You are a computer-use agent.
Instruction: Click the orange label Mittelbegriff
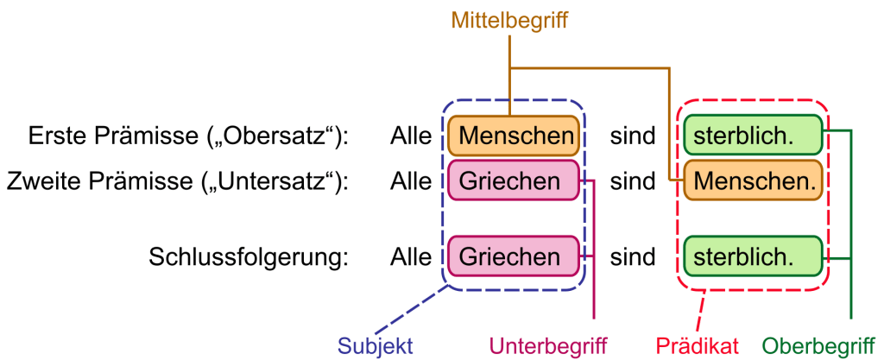click(509, 19)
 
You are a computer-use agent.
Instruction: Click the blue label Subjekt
click(376, 346)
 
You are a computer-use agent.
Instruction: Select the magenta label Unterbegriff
click(549, 346)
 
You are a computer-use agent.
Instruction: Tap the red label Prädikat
click(698, 346)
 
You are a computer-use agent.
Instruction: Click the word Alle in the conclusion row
click(410, 257)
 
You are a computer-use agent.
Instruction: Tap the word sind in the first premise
click(633, 136)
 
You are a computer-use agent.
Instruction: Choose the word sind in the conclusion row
click(633, 257)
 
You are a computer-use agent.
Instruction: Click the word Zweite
click(42, 182)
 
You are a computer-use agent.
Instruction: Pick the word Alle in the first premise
click(410, 136)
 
